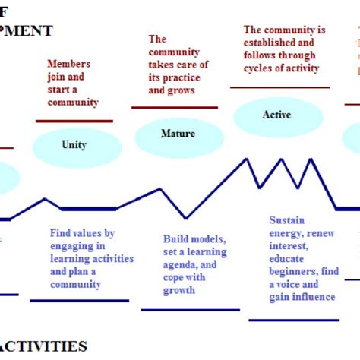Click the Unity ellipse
pos(74,144)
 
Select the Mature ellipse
pos(178,134)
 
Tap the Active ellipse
pos(276,115)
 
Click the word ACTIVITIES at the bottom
pos(46,347)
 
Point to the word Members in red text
pos(69,65)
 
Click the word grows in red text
pos(182,90)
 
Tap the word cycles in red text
pos(258,68)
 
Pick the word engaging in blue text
pos(68,246)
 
